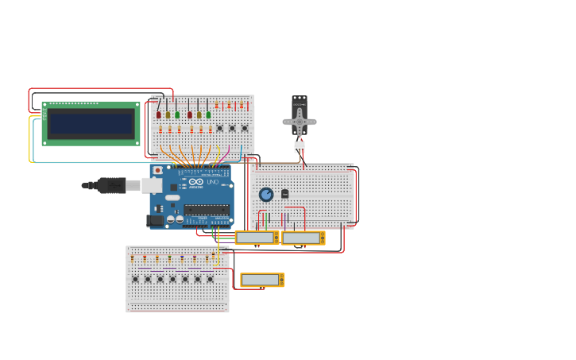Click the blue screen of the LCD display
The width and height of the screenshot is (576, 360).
(91, 124)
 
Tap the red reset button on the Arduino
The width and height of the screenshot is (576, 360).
(158, 170)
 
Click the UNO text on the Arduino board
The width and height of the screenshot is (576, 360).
(212, 182)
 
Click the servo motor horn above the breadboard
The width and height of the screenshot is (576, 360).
(300, 121)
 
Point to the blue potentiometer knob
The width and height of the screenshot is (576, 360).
(266, 194)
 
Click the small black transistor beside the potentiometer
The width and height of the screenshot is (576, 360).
(284, 193)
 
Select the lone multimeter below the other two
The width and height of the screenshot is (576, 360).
(261, 280)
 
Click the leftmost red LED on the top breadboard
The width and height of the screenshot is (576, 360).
(159, 114)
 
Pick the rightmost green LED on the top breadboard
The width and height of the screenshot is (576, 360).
(208, 114)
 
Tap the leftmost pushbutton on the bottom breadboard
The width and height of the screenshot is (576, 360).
(135, 279)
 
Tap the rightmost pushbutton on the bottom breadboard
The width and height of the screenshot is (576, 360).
(211, 279)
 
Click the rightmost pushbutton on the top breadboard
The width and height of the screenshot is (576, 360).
(244, 128)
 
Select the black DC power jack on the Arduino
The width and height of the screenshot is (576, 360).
(156, 221)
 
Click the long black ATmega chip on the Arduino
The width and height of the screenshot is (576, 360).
(207, 211)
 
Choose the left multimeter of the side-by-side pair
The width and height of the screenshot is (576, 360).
(256, 238)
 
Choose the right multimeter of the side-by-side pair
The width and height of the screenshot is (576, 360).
(302, 238)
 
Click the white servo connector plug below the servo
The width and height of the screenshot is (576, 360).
(300, 146)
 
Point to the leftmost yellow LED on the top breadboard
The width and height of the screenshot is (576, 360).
(168, 114)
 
